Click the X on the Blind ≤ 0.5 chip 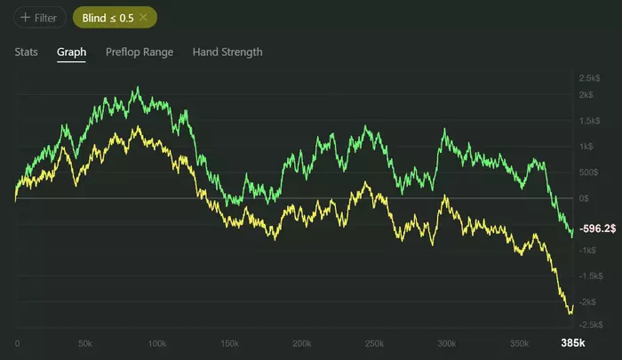[x=143, y=17]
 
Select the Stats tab [x=27, y=52]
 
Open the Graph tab [x=71, y=52]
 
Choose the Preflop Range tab [x=140, y=52]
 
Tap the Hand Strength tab [x=227, y=52]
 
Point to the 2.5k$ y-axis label [x=590, y=78]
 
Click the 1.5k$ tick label [x=590, y=121]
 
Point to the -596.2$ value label [x=597, y=229]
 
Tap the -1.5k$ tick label [x=592, y=276]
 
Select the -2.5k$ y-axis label [x=592, y=324]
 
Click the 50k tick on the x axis [x=85, y=343]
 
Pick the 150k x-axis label [x=228, y=343]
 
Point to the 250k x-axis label [x=373, y=343]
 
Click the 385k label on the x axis [x=572, y=343]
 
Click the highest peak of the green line [x=137, y=88]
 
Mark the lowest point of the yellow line [x=569, y=313]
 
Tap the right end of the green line [x=571, y=233]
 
